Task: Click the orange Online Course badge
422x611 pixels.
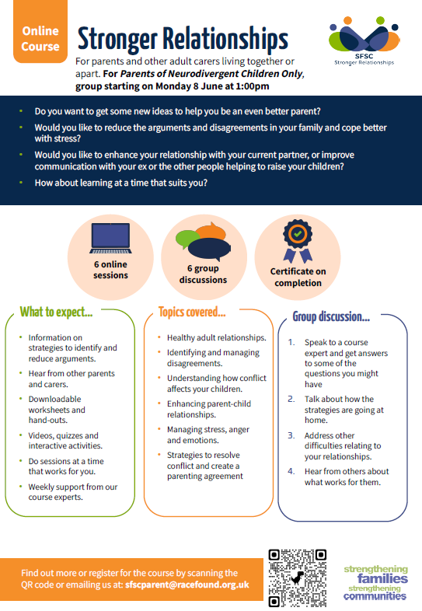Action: click(40, 31)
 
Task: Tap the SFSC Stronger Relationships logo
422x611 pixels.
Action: click(364, 41)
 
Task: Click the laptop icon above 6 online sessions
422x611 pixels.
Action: click(110, 238)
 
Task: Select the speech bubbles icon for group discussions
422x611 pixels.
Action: click(204, 242)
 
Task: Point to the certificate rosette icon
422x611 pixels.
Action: click(298, 241)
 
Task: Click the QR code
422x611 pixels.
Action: click(298, 578)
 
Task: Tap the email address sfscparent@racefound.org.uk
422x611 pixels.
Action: click(187, 585)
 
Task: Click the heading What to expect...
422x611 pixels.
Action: click(56, 312)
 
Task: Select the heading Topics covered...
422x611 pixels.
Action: click(192, 312)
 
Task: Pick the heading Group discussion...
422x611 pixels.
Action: click(331, 317)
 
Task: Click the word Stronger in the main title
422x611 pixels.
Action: click(117, 40)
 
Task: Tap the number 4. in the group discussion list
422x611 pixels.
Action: click(291, 471)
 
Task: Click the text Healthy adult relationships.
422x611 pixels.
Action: click(217, 338)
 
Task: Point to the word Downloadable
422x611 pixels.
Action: click(54, 399)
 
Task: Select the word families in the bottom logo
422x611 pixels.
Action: click(382, 578)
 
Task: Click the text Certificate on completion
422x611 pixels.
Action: click(298, 277)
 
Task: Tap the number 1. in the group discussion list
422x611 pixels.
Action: click(291, 342)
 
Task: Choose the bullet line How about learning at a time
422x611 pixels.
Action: click(120, 183)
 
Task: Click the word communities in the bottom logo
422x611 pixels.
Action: click(375, 596)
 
